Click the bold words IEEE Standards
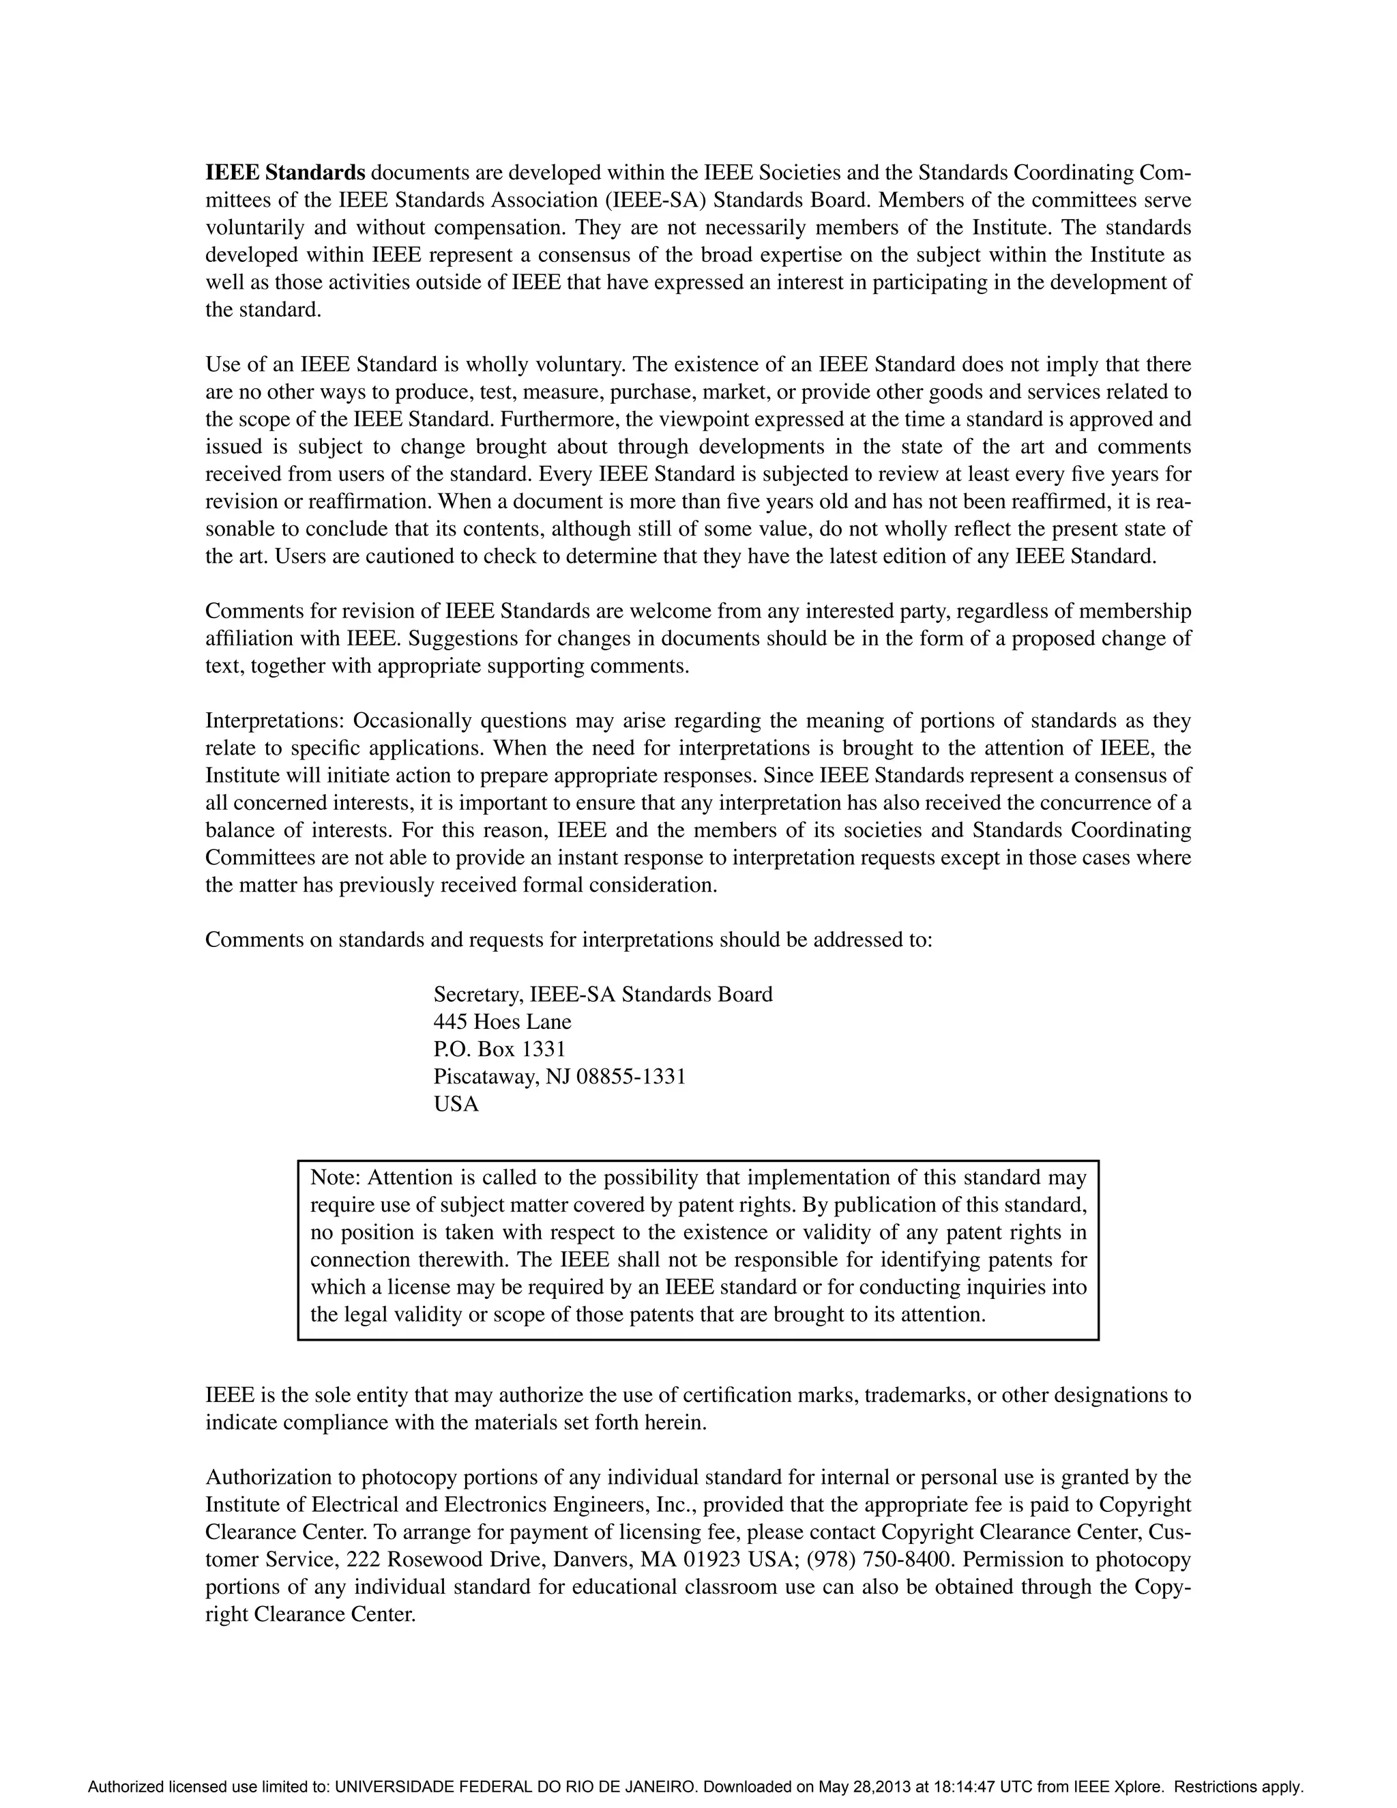[x=284, y=173]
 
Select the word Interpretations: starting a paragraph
[x=276, y=720]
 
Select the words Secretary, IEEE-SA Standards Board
[x=602, y=994]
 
